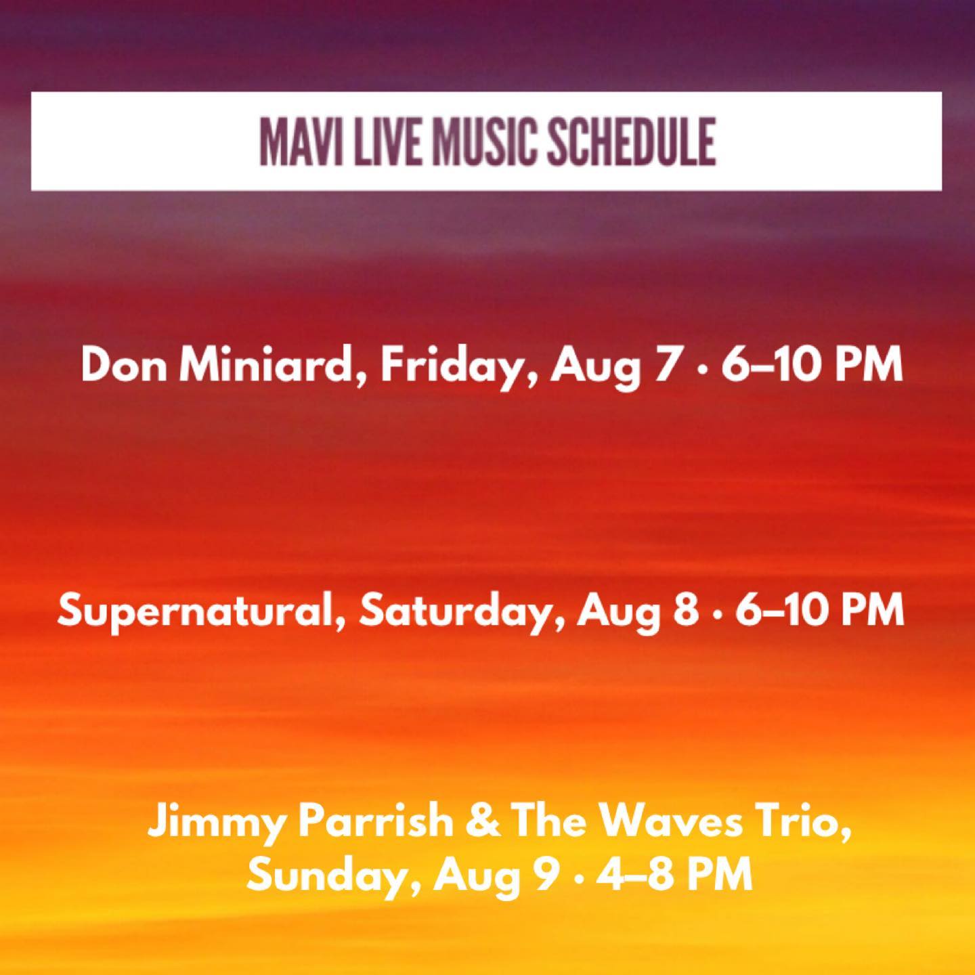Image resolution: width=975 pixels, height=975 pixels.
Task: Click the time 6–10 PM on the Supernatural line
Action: [x=820, y=611]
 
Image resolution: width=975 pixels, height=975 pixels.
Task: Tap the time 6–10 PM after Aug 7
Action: [x=812, y=365]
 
